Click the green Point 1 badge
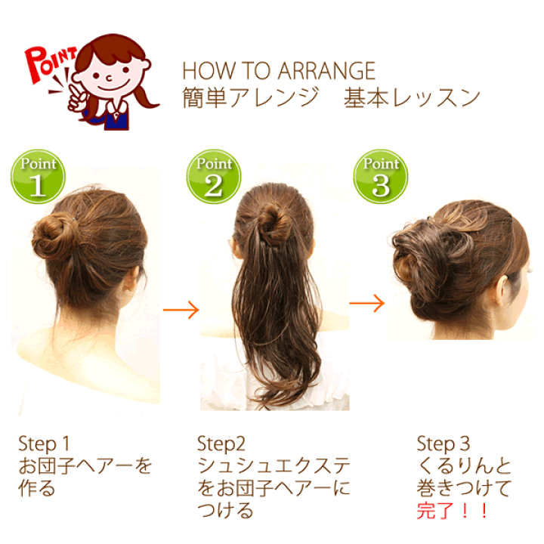coord(38,176)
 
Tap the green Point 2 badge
coord(214,176)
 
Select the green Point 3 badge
coord(381,176)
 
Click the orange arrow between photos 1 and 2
coord(181,310)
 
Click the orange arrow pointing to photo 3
coord(366,303)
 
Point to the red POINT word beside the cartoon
coord(49,63)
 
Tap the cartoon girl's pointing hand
coord(77,97)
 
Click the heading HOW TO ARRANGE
coord(279,71)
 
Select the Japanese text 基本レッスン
coord(412,97)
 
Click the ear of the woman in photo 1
coord(131,280)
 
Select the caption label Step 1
coord(44,444)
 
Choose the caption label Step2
coord(221,444)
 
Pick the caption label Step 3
coord(443,444)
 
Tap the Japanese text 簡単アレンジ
coord(251,97)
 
